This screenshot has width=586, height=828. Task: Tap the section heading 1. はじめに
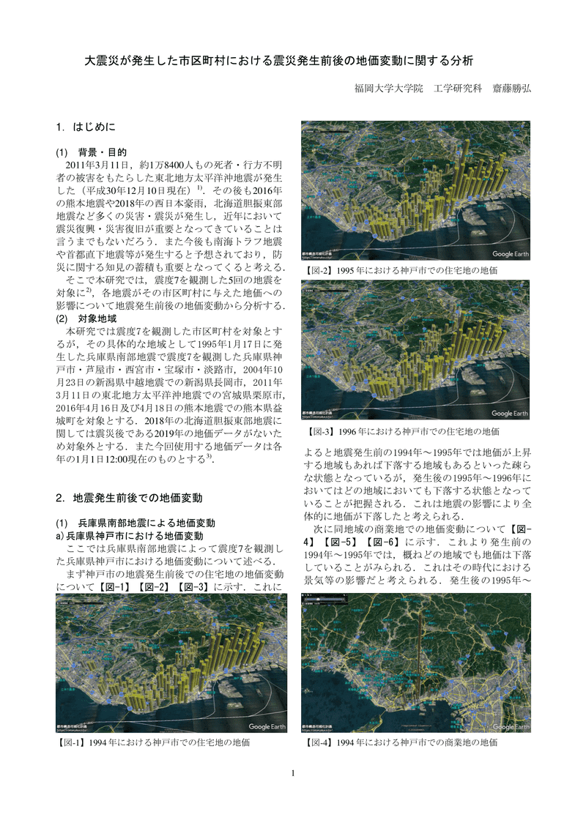86,128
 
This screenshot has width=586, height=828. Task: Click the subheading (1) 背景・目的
92,152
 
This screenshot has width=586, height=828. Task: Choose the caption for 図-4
399,742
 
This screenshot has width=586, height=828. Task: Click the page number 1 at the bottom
293,773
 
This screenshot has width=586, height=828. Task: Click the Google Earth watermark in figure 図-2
511,254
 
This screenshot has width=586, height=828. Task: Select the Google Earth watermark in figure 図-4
511,726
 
